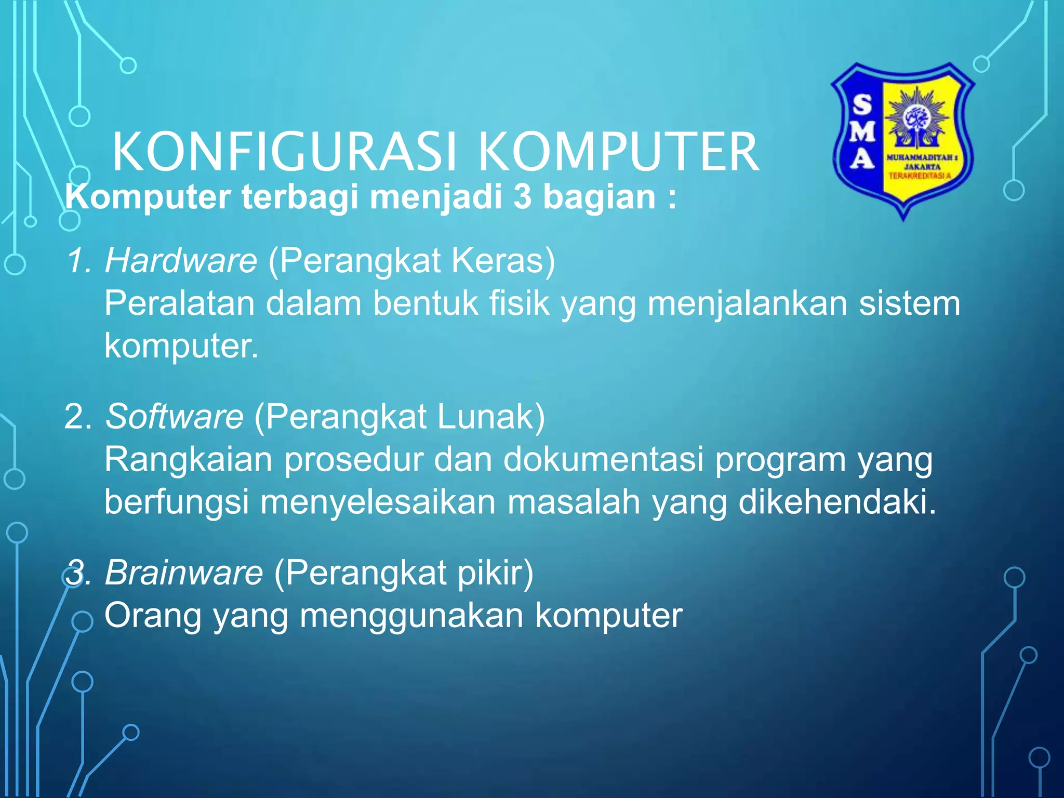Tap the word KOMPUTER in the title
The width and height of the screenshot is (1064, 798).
(x=618, y=152)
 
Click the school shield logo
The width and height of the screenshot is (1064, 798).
(x=903, y=140)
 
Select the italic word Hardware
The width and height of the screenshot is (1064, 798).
(x=181, y=260)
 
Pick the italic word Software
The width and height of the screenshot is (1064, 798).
(x=175, y=416)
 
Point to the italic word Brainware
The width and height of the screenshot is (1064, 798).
(x=184, y=573)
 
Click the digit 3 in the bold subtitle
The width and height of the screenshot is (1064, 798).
(x=523, y=197)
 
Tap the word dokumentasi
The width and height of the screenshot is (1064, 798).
(x=603, y=459)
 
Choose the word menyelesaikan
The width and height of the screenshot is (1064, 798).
(x=378, y=502)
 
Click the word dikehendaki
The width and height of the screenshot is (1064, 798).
(x=837, y=502)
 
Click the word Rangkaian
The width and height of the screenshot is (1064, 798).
(x=188, y=459)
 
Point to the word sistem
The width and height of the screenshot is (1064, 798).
(x=909, y=303)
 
